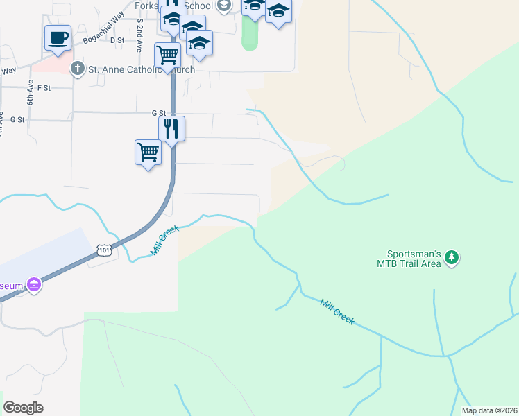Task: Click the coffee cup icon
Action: click(x=58, y=37)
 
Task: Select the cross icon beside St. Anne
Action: click(x=77, y=69)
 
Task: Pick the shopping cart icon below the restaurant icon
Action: click(x=148, y=152)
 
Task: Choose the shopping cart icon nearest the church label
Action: click(x=167, y=55)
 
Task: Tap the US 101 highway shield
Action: click(x=103, y=250)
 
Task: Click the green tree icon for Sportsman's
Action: click(x=452, y=258)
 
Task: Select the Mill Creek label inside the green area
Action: click(x=337, y=311)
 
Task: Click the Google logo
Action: click(x=23, y=408)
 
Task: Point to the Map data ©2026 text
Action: click(x=489, y=410)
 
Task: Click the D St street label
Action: click(x=117, y=40)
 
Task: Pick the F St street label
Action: click(x=45, y=88)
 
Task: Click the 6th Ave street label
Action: click(x=31, y=95)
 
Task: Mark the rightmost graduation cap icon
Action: click(x=278, y=12)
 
